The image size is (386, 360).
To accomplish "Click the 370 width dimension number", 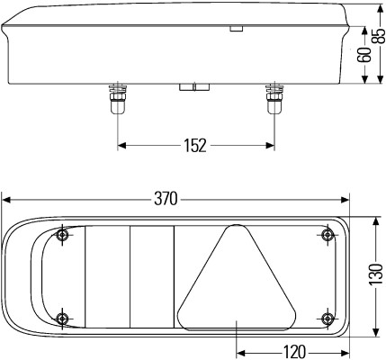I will pos(166,198).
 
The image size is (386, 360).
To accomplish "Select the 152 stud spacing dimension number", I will pos(194,144).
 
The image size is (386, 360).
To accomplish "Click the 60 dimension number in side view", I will pos(363,56).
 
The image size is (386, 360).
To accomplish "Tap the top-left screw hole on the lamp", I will pos(61,237).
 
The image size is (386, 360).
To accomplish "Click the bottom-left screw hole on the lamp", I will pos(61,318).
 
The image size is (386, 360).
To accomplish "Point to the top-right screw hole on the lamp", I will pos(326,236).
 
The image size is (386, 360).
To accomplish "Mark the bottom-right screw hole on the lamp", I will pos(326,318).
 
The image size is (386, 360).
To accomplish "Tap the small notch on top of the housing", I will pos(237,29).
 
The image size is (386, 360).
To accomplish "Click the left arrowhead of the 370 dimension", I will pos(6,198).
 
